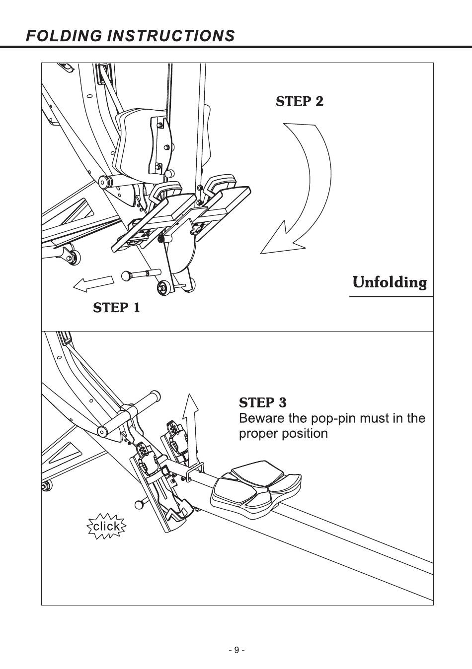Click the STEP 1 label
tap(117, 308)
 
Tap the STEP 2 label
tap(300, 101)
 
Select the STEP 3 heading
tap(263, 402)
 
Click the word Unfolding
tap(390, 282)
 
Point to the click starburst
tap(107, 526)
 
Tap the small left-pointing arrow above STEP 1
tap(93, 283)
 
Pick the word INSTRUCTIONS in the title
tap(171, 36)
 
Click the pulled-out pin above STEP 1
tap(141, 275)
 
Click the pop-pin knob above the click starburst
tap(139, 505)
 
